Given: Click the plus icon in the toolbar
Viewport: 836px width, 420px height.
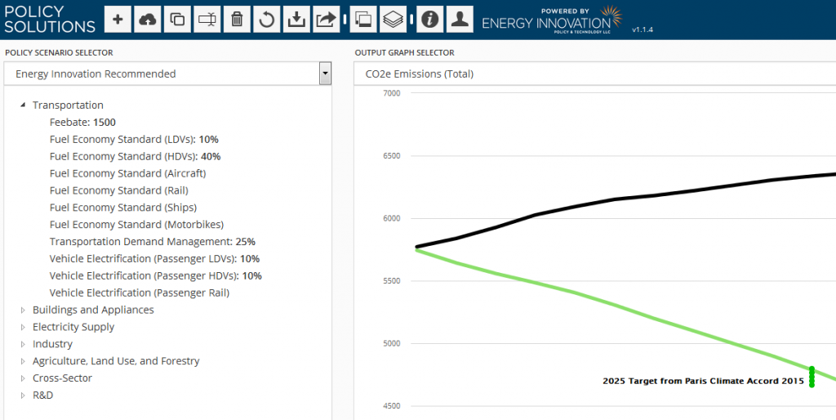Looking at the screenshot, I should coord(118,20).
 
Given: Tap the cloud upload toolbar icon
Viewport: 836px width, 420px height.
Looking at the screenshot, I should coord(148,20).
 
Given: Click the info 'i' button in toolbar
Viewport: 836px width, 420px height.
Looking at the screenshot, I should coord(429,20).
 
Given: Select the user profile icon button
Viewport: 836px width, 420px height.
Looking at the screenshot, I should coord(460,20).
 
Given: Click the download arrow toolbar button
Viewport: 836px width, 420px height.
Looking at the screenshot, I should coord(296,20).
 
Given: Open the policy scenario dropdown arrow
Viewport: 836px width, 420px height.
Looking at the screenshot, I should coord(326,74).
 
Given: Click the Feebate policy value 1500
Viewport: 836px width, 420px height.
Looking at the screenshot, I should coord(104,123).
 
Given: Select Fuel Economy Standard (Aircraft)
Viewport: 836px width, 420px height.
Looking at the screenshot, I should coord(127,173).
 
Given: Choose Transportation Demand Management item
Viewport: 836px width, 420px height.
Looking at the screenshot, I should coord(152,242).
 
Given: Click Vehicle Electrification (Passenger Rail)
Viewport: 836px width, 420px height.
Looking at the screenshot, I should coord(139,293).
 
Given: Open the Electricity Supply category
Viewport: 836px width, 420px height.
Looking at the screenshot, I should coord(73,327).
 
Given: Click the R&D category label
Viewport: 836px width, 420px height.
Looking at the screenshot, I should coord(42,395).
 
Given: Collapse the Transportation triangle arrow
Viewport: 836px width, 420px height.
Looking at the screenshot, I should coord(23,105).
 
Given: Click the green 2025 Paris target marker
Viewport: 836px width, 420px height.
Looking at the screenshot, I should coord(812,377).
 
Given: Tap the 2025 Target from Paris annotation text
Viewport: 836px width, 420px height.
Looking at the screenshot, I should coord(703,382).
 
